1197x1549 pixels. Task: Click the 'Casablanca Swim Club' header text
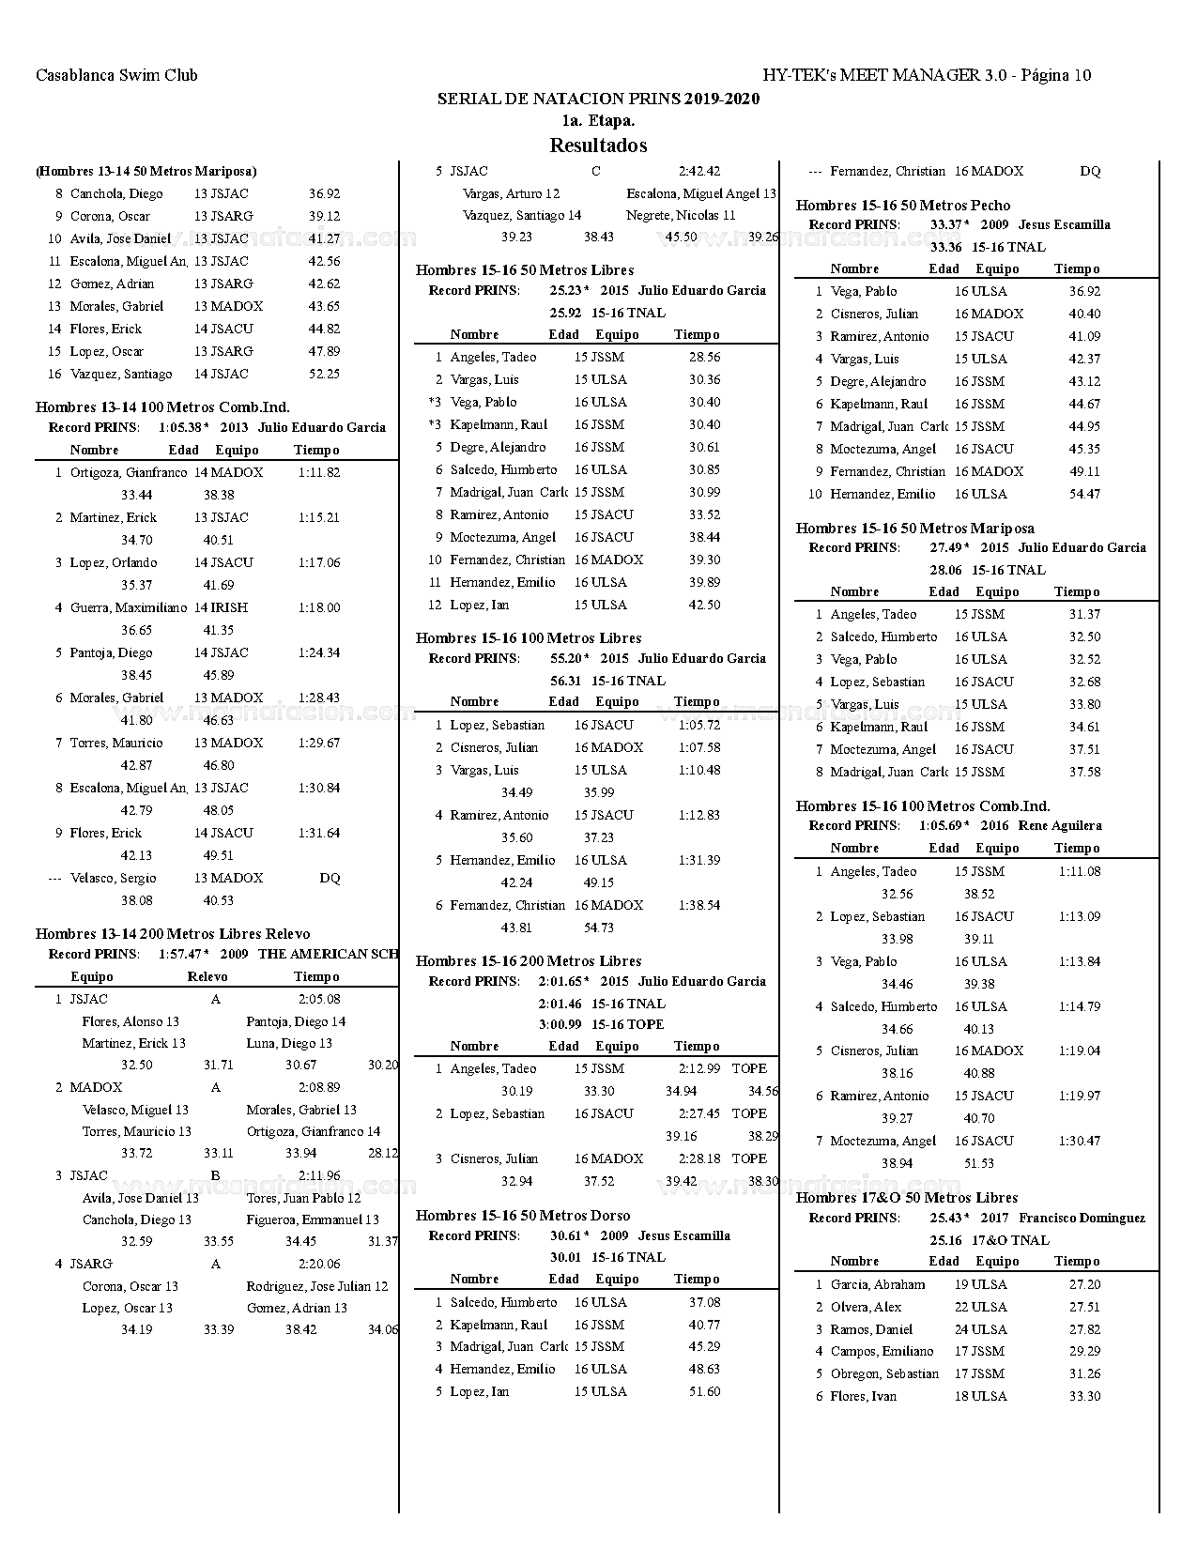pyautogui.click(x=116, y=75)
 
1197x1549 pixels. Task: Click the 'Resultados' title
pyautogui.click(x=598, y=146)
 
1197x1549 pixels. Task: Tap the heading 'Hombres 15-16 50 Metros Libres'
pyautogui.click(x=524, y=270)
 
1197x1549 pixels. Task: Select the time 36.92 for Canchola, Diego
pyautogui.click(x=324, y=194)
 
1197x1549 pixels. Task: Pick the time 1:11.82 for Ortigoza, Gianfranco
pyautogui.click(x=319, y=473)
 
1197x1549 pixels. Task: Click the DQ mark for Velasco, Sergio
pyautogui.click(x=330, y=879)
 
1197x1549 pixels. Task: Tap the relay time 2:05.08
pyautogui.click(x=319, y=1000)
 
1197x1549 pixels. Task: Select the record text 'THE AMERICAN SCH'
pyautogui.click(x=328, y=954)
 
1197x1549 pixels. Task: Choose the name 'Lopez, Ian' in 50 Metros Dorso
pyautogui.click(x=480, y=1392)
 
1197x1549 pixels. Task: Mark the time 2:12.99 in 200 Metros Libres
pyautogui.click(x=699, y=1069)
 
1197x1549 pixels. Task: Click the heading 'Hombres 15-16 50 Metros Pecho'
pyautogui.click(x=903, y=206)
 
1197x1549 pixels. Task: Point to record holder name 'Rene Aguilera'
pyautogui.click(x=1060, y=826)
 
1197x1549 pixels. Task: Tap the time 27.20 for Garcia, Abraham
pyautogui.click(x=1084, y=1285)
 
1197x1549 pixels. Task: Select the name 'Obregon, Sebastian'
pyautogui.click(x=884, y=1374)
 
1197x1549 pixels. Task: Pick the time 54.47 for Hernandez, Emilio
pyautogui.click(x=1084, y=495)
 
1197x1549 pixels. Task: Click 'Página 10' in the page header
pyautogui.click(x=1055, y=75)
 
